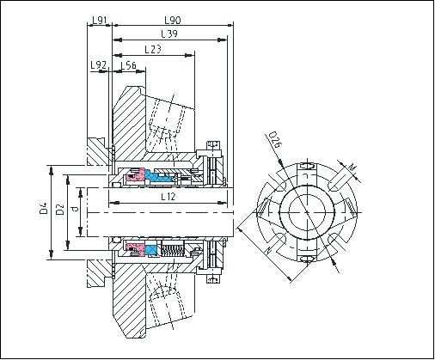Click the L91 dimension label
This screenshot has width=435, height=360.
point(100,20)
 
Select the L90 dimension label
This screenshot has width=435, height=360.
point(173,20)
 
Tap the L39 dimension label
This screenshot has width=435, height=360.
point(169,34)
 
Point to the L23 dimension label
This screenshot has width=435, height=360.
point(153,49)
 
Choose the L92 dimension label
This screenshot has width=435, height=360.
point(99,65)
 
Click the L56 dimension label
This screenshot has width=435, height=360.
point(128,65)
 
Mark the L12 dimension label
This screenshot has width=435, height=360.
point(168,197)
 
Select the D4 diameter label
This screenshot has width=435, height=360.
point(44,208)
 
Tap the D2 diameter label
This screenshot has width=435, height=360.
point(60,209)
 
